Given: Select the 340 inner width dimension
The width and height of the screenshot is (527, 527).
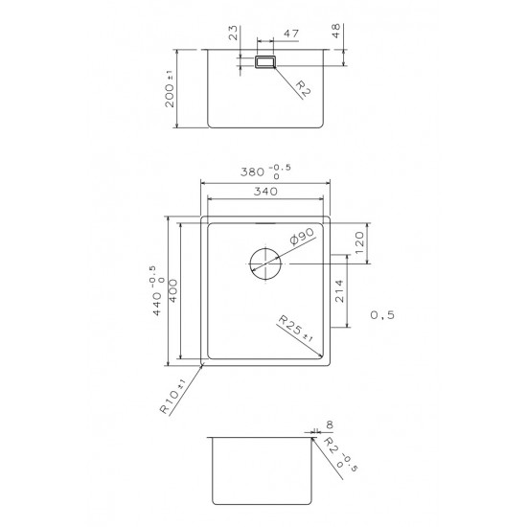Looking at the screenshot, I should tap(264, 191).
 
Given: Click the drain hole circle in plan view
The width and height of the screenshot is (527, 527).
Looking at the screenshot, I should tap(264, 263).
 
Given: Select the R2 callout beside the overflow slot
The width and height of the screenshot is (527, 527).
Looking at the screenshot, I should tap(301, 90).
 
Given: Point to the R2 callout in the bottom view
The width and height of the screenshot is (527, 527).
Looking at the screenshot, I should tap(335, 452).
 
